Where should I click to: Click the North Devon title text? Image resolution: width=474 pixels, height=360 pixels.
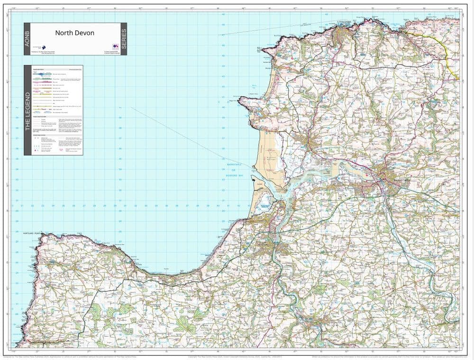[x=74, y=33]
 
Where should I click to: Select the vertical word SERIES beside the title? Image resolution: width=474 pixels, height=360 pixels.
[x=124, y=39]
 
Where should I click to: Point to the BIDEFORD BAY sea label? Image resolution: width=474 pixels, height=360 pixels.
[x=233, y=176]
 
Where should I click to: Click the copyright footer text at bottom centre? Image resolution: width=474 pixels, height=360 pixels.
[x=237, y=356]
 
